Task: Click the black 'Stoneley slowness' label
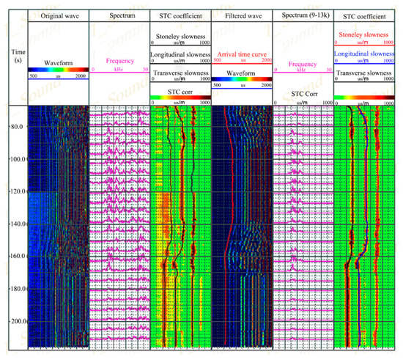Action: point(180,34)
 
